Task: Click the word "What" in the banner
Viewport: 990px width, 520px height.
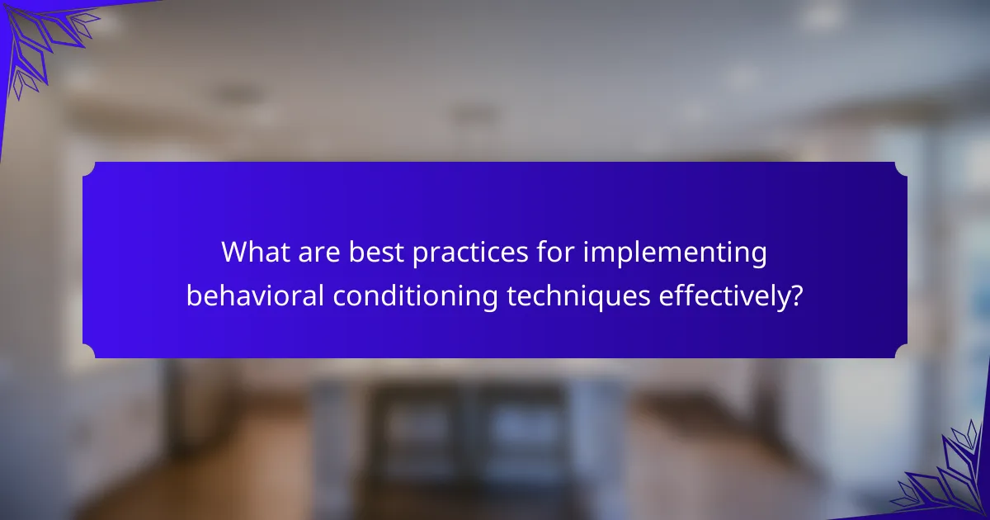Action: coord(256,252)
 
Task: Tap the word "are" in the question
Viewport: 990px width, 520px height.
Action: coord(319,253)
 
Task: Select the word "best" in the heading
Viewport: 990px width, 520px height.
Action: coord(376,252)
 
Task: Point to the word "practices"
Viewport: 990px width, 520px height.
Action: coord(470,253)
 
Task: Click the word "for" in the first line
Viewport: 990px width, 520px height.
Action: coord(555,251)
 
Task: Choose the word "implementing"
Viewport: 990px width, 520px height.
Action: coord(675,253)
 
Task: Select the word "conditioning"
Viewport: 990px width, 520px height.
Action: coord(416,296)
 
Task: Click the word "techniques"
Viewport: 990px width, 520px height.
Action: coord(578,296)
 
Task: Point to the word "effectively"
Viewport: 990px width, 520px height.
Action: coord(724,296)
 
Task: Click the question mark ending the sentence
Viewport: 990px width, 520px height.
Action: coord(796,295)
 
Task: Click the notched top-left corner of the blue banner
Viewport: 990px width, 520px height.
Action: coord(89,168)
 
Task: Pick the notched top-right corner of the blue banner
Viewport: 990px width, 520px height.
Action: coord(901,168)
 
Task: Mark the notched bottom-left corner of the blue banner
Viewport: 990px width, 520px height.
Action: coord(89,351)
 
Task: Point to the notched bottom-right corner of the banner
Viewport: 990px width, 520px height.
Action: coord(901,351)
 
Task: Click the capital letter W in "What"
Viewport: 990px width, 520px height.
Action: coord(237,252)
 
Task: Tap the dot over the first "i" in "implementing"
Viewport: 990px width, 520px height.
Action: coord(587,243)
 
